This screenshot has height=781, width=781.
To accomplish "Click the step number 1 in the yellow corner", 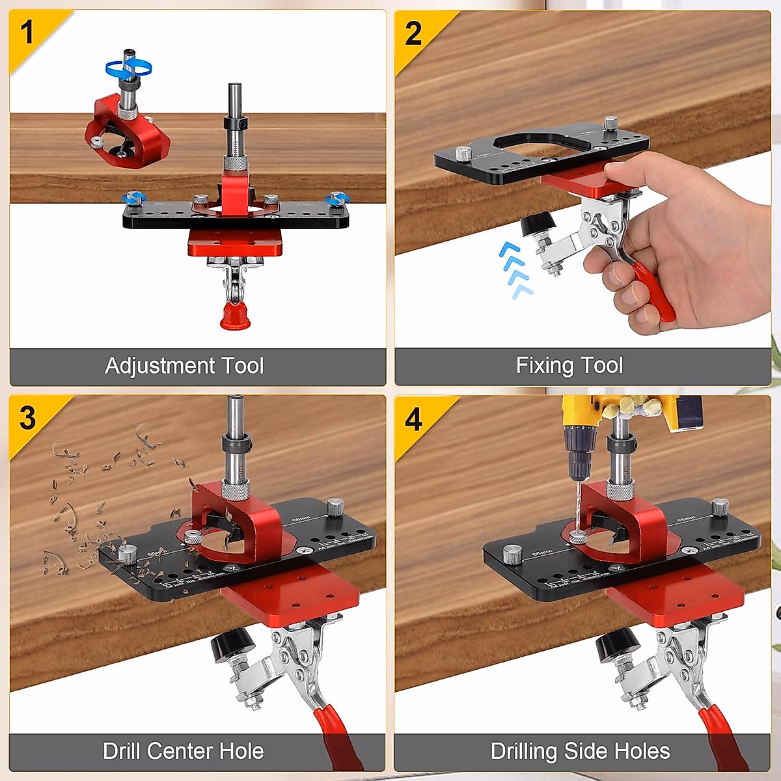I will click(27, 32).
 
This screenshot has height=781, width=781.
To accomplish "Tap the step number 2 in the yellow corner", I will click(413, 33).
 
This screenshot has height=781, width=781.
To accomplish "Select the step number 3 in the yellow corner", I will click(27, 418).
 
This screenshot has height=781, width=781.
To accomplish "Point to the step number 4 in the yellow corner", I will click(413, 419).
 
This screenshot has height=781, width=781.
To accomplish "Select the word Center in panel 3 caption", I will click(182, 751).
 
